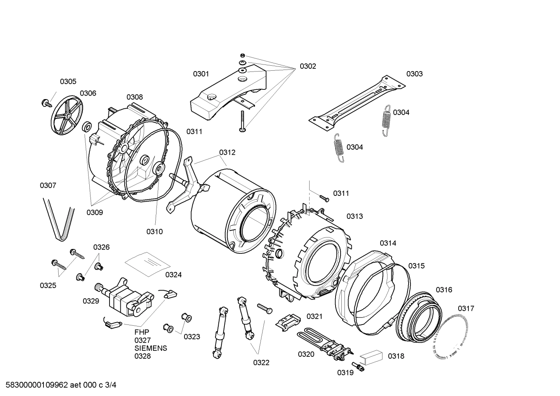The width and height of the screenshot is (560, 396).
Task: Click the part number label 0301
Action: [x=201, y=74]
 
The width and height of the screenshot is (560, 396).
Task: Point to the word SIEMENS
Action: [x=151, y=348]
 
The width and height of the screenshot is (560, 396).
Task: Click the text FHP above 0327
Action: [x=142, y=332]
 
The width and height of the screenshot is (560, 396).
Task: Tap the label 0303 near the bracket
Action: [x=414, y=74]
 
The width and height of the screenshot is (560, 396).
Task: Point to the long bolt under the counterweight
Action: [x=242, y=121]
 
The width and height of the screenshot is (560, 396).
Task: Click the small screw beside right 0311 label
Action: [x=324, y=198]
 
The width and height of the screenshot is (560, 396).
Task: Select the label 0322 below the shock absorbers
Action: [x=261, y=363]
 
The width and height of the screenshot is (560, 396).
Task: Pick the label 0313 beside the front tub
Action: [x=355, y=216]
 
